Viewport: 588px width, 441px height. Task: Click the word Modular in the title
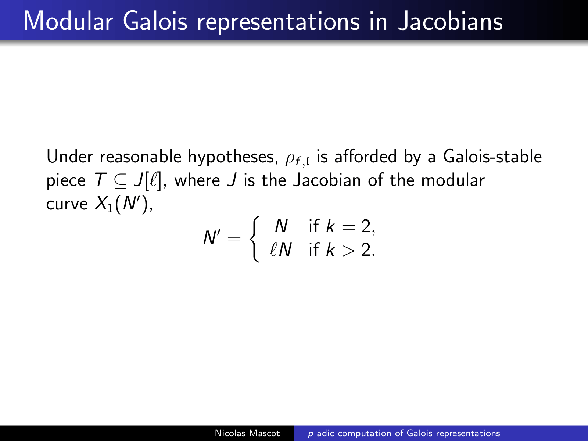[68, 21]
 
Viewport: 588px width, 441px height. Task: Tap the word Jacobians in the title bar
[450, 21]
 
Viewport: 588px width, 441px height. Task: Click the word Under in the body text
[70, 157]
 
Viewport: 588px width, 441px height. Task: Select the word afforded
[365, 156]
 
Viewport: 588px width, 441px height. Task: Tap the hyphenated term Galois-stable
[492, 156]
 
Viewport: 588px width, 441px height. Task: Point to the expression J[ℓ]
[148, 181]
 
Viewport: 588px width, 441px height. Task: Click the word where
[197, 180]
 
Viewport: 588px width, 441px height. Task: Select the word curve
[67, 205]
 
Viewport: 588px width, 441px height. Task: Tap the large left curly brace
[254, 239]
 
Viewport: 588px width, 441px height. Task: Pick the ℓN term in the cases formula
[280, 250]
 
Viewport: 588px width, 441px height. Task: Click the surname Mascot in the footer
[264, 433]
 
